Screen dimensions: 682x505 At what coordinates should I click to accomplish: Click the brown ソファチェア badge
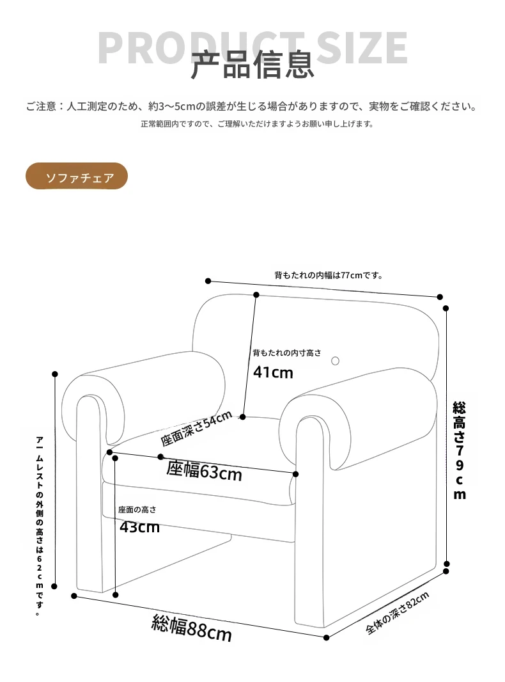(77, 177)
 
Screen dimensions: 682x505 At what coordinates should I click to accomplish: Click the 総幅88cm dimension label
(191, 628)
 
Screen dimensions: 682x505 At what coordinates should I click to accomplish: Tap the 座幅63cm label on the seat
(204, 472)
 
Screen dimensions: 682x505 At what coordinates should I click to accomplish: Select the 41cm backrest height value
(273, 372)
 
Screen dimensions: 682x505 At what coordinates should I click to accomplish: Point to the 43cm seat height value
(140, 527)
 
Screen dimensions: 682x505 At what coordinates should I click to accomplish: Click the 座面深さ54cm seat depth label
(196, 429)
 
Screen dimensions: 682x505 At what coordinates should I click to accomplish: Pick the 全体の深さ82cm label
(398, 613)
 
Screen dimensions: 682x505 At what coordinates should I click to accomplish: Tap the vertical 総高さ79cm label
(460, 450)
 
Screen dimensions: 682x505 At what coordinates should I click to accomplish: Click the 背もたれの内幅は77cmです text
(329, 275)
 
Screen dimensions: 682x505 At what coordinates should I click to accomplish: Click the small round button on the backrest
(335, 361)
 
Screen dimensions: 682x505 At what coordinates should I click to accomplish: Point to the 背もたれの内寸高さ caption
(287, 353)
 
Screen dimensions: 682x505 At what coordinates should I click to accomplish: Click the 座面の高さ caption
(137, 510)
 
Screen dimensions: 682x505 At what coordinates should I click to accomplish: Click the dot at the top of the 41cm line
(256, 295)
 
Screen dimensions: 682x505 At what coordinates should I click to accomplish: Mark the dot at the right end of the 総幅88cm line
(326, 637)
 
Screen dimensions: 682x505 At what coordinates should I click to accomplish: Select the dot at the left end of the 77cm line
(208, 281)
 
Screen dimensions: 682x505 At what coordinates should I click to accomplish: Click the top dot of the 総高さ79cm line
(446, 308)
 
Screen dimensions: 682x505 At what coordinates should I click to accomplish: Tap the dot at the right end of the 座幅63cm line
(296, 474)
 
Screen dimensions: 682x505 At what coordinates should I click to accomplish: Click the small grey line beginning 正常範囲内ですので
(257, 124)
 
